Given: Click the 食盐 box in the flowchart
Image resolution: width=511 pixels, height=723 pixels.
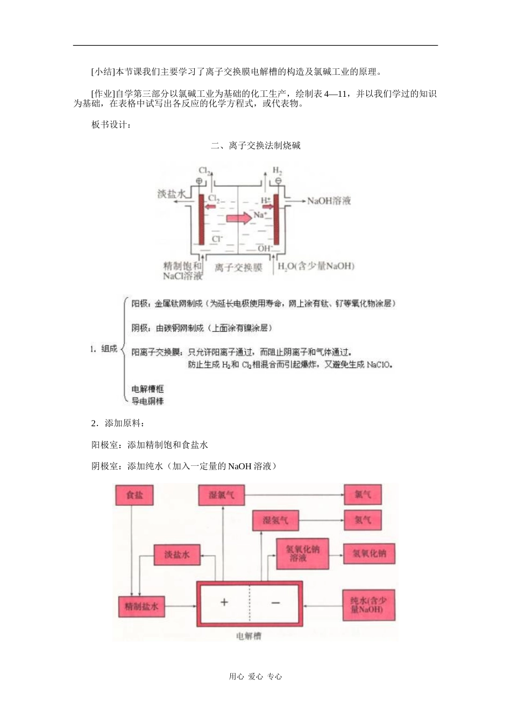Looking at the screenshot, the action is [x=134, y=495].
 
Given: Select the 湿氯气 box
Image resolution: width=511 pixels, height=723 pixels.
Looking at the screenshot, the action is [x=221, y=495].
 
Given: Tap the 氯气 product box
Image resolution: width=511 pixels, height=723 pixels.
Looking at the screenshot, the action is [x=363, y=494].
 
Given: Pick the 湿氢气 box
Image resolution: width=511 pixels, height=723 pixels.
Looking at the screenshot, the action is [x=275, y=520].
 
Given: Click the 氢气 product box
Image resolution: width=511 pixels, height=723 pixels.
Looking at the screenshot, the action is [x=363, y=520].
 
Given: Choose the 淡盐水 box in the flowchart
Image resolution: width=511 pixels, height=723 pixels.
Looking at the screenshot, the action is [x=177, y=555].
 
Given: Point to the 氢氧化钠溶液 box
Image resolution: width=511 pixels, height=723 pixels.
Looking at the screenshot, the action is [x=302, y=554].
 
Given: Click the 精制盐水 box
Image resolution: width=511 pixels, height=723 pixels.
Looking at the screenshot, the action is [x=141, y=606].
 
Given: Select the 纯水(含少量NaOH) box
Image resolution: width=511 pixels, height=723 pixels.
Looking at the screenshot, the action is [x=369, y=605].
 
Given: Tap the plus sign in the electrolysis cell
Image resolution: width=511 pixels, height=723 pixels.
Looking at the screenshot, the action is [x=224, y=602].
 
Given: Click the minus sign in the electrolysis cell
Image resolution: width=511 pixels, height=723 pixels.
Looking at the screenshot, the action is [x=275, y=602].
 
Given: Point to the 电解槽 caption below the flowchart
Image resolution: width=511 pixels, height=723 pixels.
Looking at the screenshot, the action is [x=249, y=636].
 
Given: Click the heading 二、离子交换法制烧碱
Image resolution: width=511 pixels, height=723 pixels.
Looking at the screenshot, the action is [x=256, y=145].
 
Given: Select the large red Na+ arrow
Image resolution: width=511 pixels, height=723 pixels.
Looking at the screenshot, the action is [x=239, y=218].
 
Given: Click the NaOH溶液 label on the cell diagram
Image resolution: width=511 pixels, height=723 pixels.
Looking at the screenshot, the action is [x=329, y=201].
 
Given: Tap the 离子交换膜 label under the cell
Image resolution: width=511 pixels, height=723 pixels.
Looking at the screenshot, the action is [x=238, y=267].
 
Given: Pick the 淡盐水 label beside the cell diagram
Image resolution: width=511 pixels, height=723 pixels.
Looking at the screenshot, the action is [x=172, y=194].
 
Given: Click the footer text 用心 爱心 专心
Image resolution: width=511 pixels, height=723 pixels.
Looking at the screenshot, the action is [x=256, y=677].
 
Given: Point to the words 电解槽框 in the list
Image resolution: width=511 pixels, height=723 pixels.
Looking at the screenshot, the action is [x=147, y=389].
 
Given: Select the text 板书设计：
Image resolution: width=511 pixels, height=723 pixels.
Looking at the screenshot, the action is [x=111, y=125].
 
